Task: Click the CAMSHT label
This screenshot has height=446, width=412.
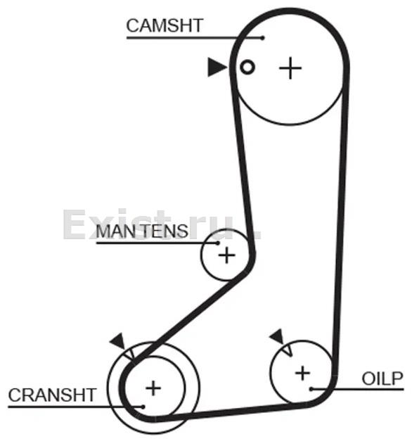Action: (x=165, y=25)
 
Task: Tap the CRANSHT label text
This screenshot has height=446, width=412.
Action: (x=52, y=395)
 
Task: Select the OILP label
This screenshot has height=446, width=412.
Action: (x=382, y=378)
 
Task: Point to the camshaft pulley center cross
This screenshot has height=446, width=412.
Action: (x=290, y=68)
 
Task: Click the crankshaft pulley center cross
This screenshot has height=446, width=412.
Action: (x=153, y=388)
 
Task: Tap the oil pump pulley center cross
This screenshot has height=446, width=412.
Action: (x=302, y=373)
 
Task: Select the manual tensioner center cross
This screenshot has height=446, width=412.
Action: (x=226, y=255)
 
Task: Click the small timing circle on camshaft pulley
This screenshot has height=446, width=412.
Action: (x=247, y=68)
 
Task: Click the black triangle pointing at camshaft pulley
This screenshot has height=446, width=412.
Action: (x=216, y=68)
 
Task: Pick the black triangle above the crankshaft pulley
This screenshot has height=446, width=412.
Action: (x=118, y=340)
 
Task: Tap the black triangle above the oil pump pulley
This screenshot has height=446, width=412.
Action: (x=278, y=337)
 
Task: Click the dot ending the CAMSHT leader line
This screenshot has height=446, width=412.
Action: (x=263, y=37)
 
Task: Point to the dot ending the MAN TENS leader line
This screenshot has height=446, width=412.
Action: (x=218, y=243)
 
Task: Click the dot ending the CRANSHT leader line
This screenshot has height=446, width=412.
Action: (x=143, y=407)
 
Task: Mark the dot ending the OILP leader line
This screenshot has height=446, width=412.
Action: (x=311, y=389)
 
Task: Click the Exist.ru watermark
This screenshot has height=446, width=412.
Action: (x=162, y=224)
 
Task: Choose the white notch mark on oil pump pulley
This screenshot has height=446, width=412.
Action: (x=288, y=350)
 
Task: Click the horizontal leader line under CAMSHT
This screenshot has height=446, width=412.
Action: (x=195, y=37)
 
